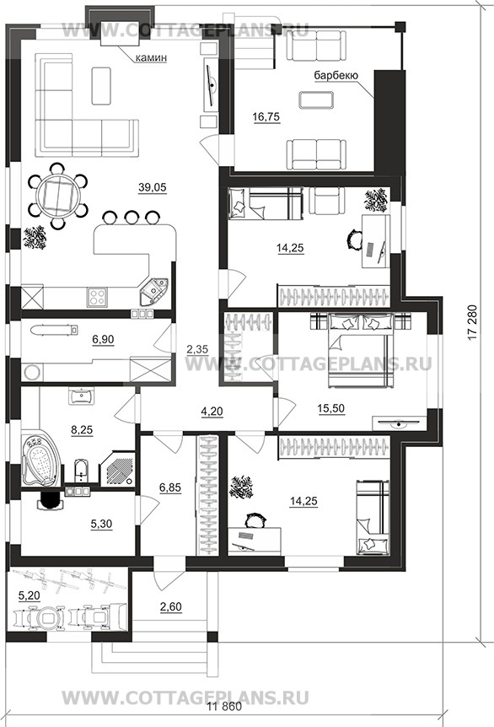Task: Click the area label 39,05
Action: [x=152, y=187]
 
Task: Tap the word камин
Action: [x=151, y=58]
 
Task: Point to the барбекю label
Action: [x=336, y=76]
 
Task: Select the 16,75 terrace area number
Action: [x=266, y=117]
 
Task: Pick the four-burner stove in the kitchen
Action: [x=97, y=297]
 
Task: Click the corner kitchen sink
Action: [x=154, y=291]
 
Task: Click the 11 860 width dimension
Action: [x=224, y=707]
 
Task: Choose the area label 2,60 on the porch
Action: [x=171, y=606]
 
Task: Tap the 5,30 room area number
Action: [x=101, y=524]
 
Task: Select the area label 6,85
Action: [x=169, y=487]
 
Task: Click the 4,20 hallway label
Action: [x=212, y=412]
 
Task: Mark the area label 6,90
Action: [x=103, y=339]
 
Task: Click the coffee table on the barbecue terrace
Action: [x=316, y=100]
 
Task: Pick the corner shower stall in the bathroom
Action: [x=118, y=469]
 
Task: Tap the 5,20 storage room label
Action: [x=29, y=595]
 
